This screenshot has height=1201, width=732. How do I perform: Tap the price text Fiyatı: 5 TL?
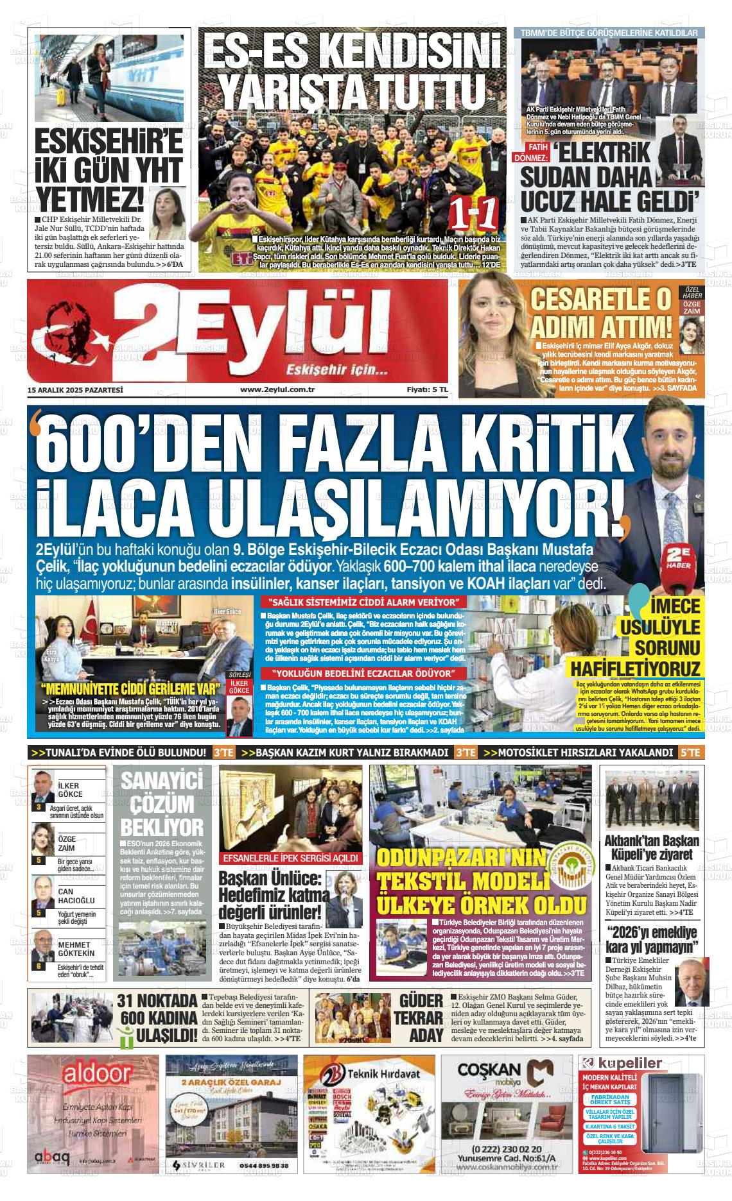(426, 389)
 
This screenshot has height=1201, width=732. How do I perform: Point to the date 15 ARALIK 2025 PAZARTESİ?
(75, 389)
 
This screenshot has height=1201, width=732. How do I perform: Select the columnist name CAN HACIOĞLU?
(76, 896)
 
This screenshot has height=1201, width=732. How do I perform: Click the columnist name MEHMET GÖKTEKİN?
(76, 949)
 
